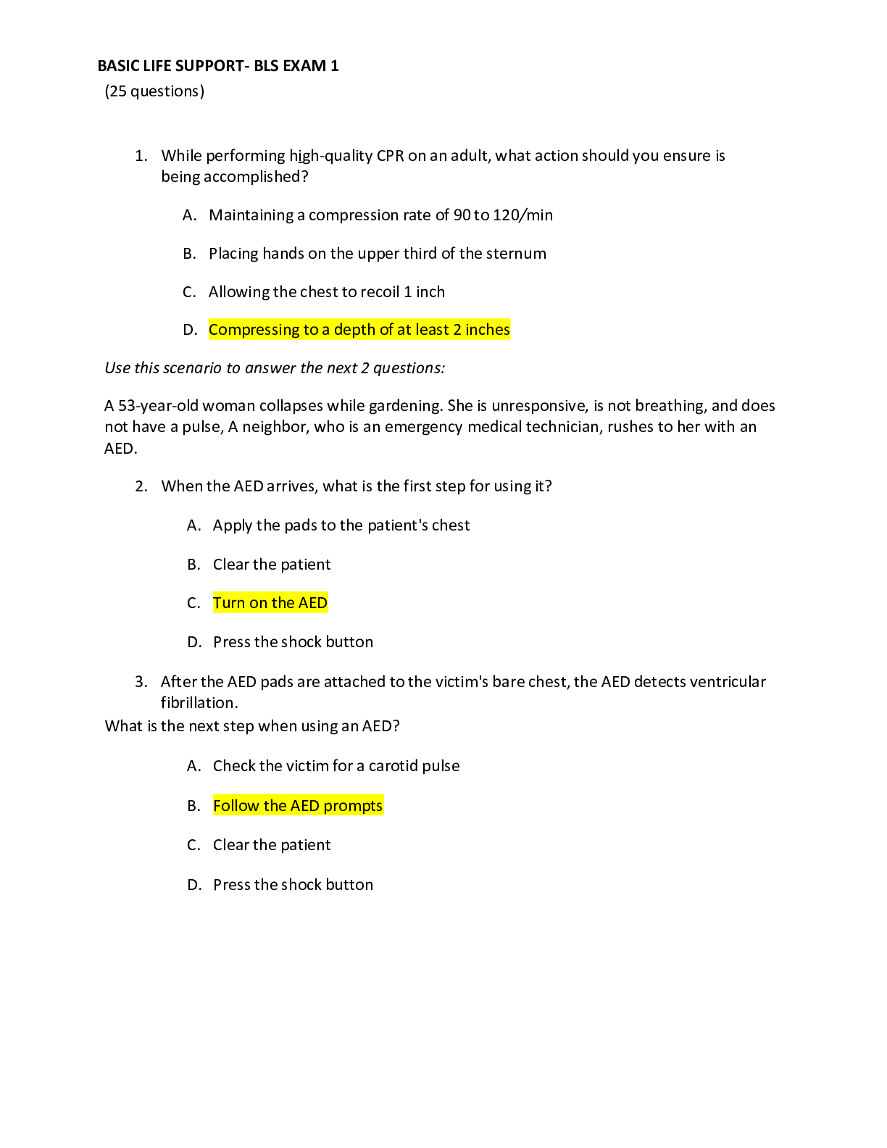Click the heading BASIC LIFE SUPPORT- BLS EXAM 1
pyautogui.click(x=217, y=66)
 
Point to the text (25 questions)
pyautogui.click(x=154, y=91)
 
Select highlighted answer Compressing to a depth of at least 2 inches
pyautogui.click(x=359, y=330)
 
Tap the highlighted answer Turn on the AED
pyautogui.click(x=270, y=603)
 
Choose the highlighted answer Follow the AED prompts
pyautogui.click(x=298, y=806)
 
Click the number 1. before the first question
pyautogui.click(x=141, y=156)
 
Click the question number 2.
pyautogui.click(x=141, y=486)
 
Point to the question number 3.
pyautogui.click(x=141, y=682)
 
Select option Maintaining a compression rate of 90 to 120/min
pyautogui.click(x=380, y=215)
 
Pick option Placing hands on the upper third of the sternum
pyautogui.click(x=378, y=254)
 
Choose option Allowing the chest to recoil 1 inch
pyautogui.click(x=327, y=292)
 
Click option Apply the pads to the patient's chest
pyautogui.click(x=341, y=525)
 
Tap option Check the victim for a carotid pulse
pyautogui.click(x=336, y=766)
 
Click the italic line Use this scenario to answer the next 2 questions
pyautogui.click(x=275, y=368)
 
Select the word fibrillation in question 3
pyautogui.click(x=199, y=703)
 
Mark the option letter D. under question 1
pyautogui.click(x=190, y=330)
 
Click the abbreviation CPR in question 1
pyautogui.click(x=390, y=156)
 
